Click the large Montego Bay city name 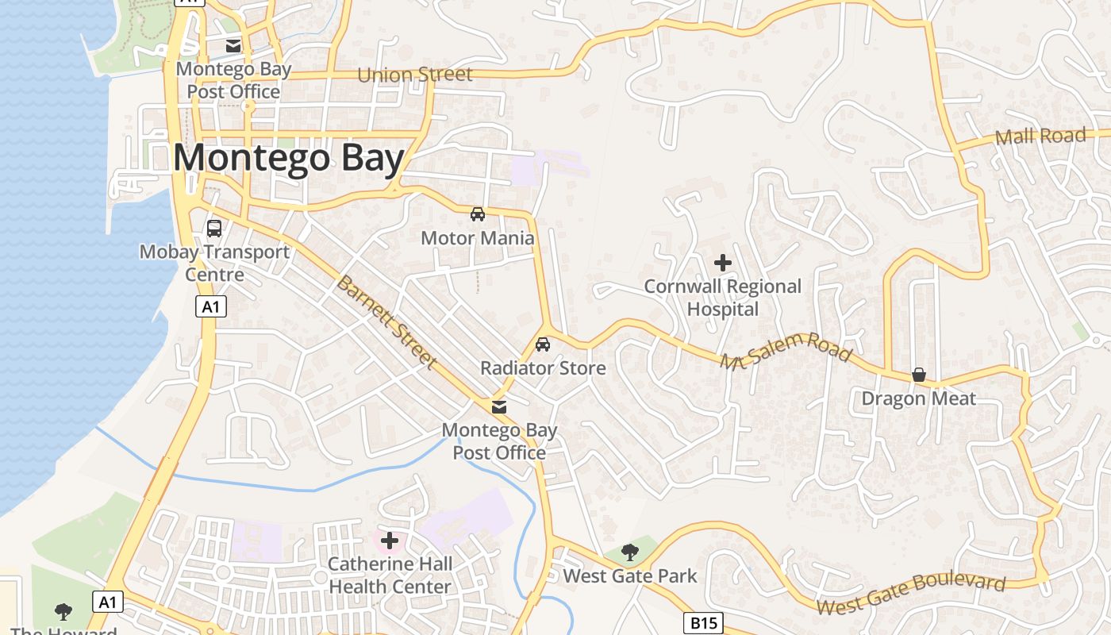pyautogui.click(x=289, y=158)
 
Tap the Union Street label pyautogui.click(x=415, y=75)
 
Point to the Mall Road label pyautogui.click(x=1040, y=137)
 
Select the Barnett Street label pyautogui.click(x=386, y=322)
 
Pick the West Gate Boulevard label pyautogui.click(x=911, y=595)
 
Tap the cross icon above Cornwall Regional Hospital pyautogui.click(x=723, y=262)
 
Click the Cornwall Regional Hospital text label pyautogui.click(x=723, y=298)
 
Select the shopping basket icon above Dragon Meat pyautogui.click(x=919, y=375)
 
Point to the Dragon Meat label pyautogui.click(x=919, y=398)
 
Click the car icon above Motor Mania pyautogui.click(x=478, y=214)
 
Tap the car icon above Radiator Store pyautogui.click(x=543, y=344)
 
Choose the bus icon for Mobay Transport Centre pyautogui.click(x=214, y=229)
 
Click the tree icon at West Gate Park pyautogui.click(x=630, y=552)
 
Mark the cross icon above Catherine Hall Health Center pyautogui.click(x=390, y=541)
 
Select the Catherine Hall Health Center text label pyautogui.click(x=390, y=575)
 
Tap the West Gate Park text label pyautogui.click(x=630, y=576)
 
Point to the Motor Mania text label pyautogui.click(x=478, y=238)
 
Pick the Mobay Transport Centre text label pyautogui.click(x=214, y=264)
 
